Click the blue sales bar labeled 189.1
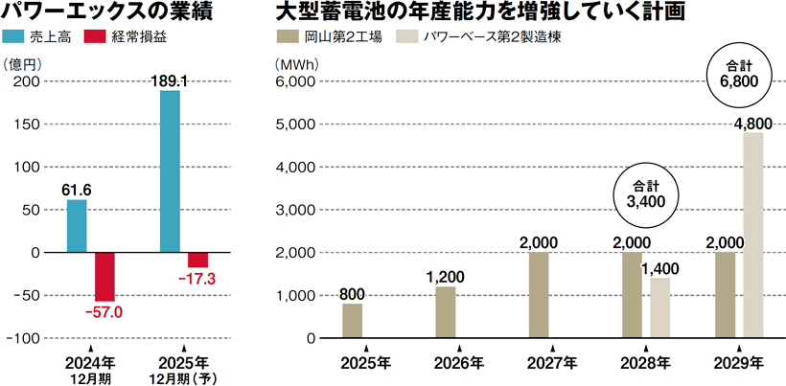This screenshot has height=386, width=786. click(x=170, y=170)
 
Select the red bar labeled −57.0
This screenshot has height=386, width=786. click(x=104, y=276)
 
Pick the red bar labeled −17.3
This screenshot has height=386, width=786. click(x=197, y=260)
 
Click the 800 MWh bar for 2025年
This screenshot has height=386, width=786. click(x=353, y=321)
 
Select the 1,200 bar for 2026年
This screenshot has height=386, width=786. click(x=446, y=312)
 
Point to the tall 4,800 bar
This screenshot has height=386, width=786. click(x=752, y=235)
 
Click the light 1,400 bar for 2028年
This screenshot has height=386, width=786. click(x=659, y=307)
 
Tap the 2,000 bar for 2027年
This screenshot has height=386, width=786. click(x=539, y=295)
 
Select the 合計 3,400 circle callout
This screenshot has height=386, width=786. click(x=645, y=193)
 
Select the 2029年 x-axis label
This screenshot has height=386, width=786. click(x=739, y=364)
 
